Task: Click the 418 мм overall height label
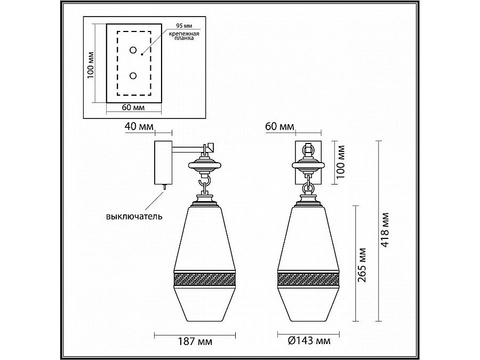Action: [385, 230]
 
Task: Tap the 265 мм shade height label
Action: [362, 265]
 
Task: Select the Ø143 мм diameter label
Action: [309, 340]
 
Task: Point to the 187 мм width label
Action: [195, 341]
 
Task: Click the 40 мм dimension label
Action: [139, 126]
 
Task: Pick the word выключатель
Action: [134, 217]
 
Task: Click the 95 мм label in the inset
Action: [183, 26]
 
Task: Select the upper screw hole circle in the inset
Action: [133, 50]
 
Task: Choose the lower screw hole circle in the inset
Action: [133, 76]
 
